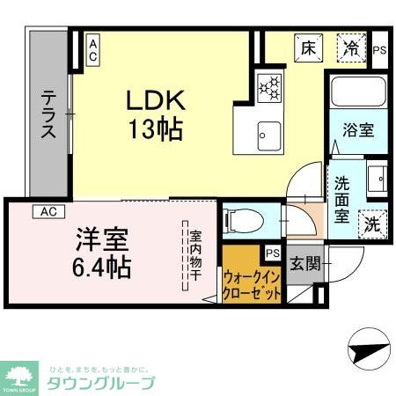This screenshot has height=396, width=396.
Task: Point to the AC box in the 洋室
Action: tap(48, 211)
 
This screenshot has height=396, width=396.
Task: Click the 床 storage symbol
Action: tap(308, 48)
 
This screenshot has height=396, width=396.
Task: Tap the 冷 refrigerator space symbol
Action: tap(352, 48)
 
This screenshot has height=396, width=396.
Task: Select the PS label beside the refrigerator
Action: tap(379, 50)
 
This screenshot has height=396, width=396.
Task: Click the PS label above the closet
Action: tap(272, 253)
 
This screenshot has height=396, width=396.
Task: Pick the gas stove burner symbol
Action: tap(268, 86)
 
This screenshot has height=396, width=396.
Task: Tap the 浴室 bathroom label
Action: tap(357, 130)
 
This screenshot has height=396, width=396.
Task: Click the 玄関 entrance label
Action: tap(305, 262)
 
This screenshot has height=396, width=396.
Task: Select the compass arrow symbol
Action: tap(368, 350)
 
